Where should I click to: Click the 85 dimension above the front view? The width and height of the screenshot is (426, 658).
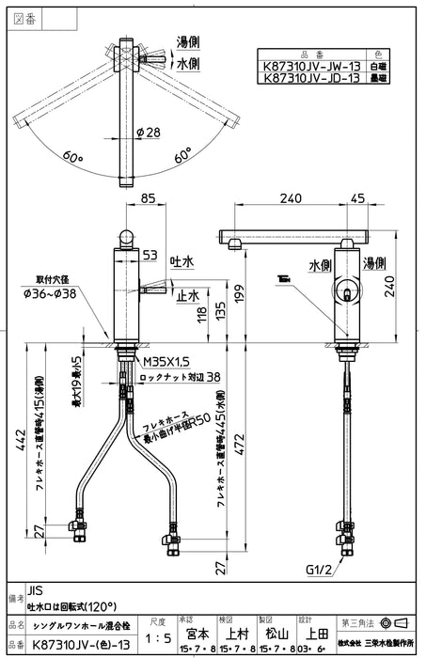point(148,199)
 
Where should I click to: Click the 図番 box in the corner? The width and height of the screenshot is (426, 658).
point(23,15)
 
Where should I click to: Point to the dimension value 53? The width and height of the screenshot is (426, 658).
point(149,253)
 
